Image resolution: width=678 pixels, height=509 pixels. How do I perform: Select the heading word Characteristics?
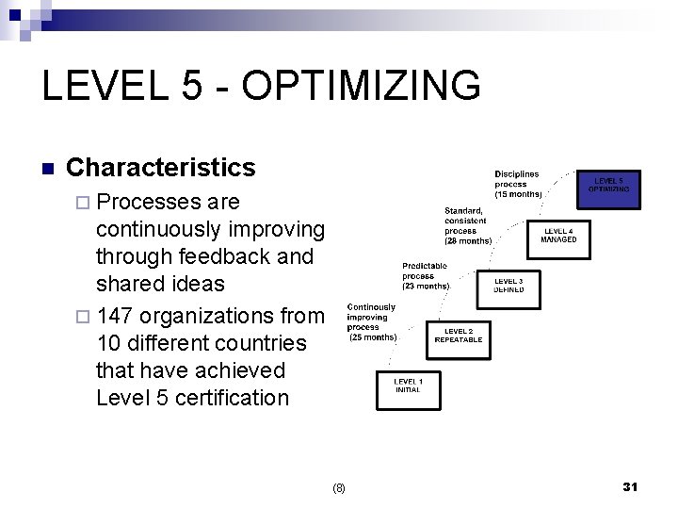[x=161, y=168]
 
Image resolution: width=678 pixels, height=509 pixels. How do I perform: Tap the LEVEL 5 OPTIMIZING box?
[x=607, y=185]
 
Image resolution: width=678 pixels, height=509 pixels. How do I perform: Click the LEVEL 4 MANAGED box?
[x=558, y=235]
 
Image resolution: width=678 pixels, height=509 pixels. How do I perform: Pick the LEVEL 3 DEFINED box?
[x=508, y=286]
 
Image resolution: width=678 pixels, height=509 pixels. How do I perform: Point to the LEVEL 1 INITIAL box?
[x=408, y=386]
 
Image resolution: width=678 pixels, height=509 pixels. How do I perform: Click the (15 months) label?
[x=519, y=194]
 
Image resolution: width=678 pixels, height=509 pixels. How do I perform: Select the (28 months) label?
[x=468, y=240]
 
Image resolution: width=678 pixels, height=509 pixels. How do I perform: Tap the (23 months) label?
[x=426, y=286]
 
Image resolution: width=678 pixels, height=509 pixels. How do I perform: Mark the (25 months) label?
[x=373, y=337]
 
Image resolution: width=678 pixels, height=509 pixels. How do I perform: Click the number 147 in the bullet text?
[x=115, y=315]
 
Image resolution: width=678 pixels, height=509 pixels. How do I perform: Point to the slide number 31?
[x=631, y=486]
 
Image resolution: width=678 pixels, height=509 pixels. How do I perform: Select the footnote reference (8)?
[x=339, y=488]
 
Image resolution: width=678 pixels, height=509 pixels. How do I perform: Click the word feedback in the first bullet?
[x=215, y=256]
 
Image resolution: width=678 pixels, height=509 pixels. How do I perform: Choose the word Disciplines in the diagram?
[x=517, y=174]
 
